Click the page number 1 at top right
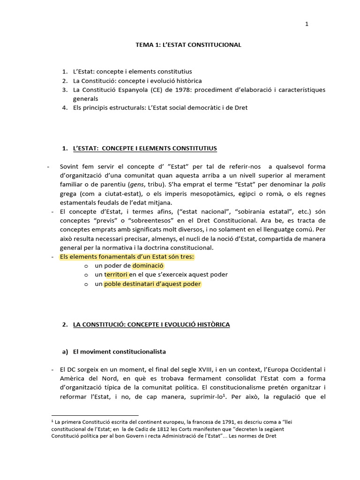point(307,24)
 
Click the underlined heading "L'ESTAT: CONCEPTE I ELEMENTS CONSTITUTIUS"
point(145,148)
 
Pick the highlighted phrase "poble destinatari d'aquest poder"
point(152,284)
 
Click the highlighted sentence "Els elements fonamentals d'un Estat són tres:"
point(127,257)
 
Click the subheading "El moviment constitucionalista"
point(119,351)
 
